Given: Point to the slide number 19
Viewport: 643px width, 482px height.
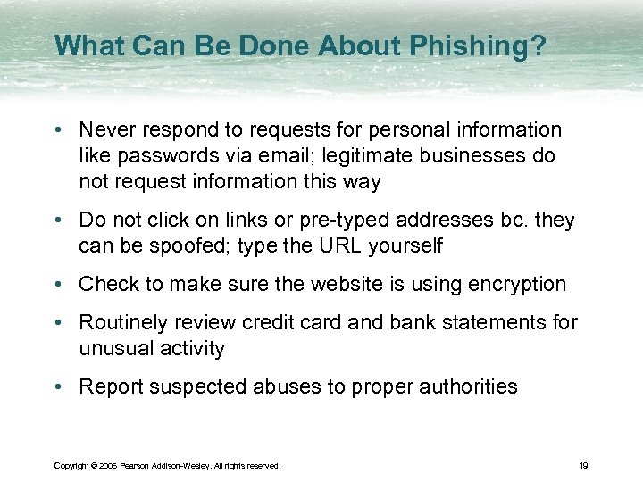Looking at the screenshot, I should point(582,465).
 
